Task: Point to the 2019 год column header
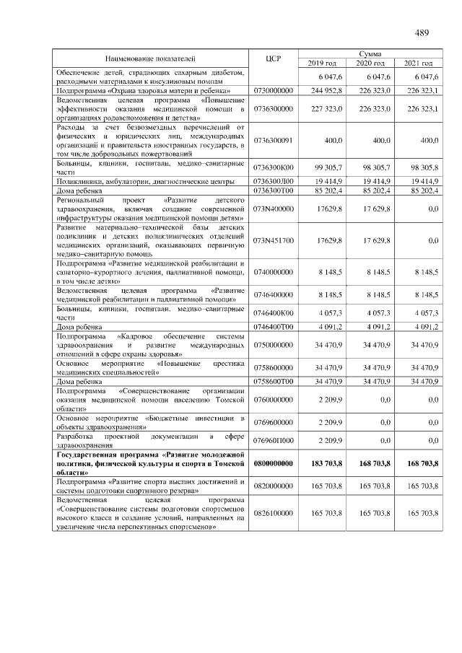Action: coord(322,63)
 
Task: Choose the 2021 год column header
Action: coord(418,63)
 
